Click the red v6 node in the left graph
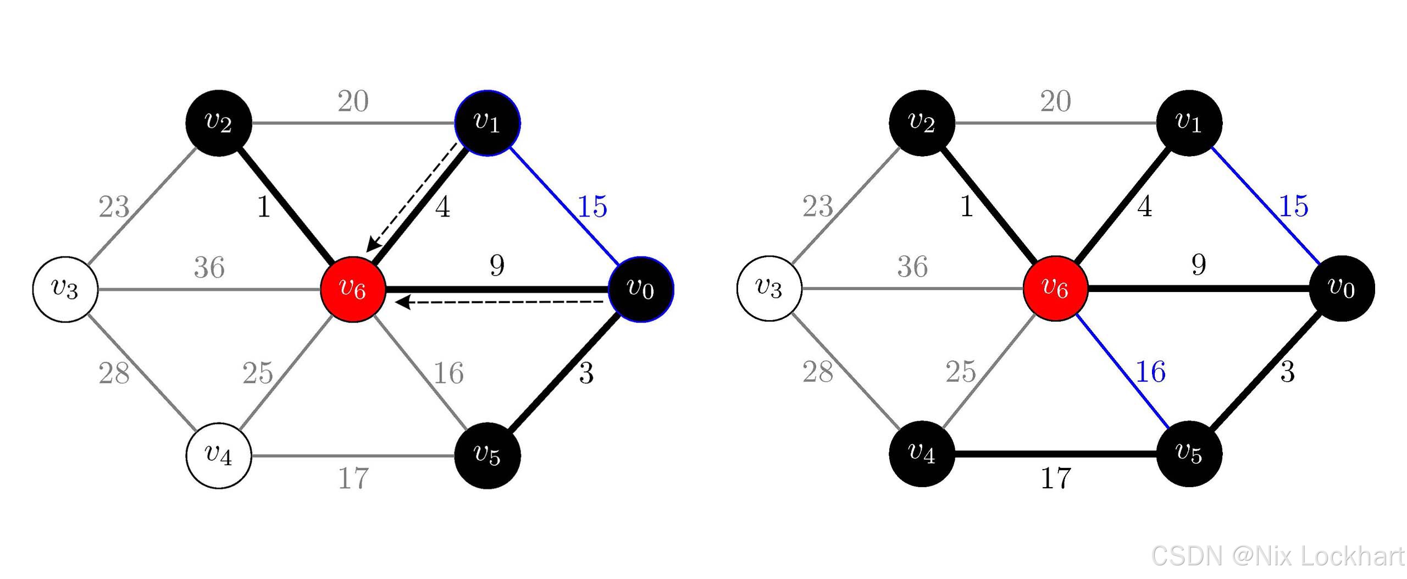tap(352, 289)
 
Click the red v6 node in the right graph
tap(1055, 288)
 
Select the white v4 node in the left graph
tap(219, 455)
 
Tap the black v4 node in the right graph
tap(922, 454)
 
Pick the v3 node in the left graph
tap(65, 289)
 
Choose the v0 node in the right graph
tap(1342, 288)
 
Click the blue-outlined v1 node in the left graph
tap(488, 123)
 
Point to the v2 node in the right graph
tap(922, 123)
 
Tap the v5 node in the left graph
tap(488, 455)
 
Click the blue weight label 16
tap(1150, 372)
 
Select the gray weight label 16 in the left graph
tap(448, 373)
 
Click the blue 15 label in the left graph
tap(592, 207)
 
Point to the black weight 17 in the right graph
tap(1056, 478)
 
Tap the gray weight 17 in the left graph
tap(353, 478)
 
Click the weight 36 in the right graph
tap(912, 267)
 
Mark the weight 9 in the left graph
tap(497, 266)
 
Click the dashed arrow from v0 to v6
tap(500, 302)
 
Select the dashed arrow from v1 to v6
tap(412, 197)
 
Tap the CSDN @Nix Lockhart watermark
tap(1277, 556)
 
